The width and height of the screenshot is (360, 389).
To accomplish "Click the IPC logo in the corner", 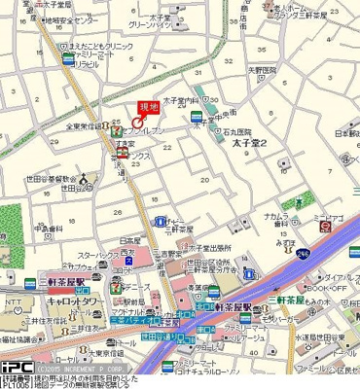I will click(x=17, y=369).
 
